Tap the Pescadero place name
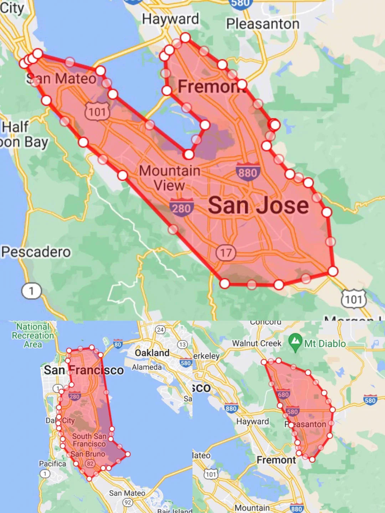pos(36,252)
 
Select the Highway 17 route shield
pos(226,253)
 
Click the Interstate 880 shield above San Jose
pos(248,172)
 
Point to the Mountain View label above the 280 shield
pos(169,178)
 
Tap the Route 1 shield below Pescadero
pos(31,291)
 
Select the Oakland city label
pos(152,353)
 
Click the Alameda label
pos(147,367)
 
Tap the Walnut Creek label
pos(257,343)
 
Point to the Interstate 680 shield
pos(283,394)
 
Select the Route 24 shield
pos(160,330)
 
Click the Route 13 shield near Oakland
pos(183,344)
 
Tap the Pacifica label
pos(52,463)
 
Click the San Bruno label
pos(88,454)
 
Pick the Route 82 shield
pos(90,463)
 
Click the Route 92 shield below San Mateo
pos(128,502)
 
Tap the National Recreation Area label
pos(33,335)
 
